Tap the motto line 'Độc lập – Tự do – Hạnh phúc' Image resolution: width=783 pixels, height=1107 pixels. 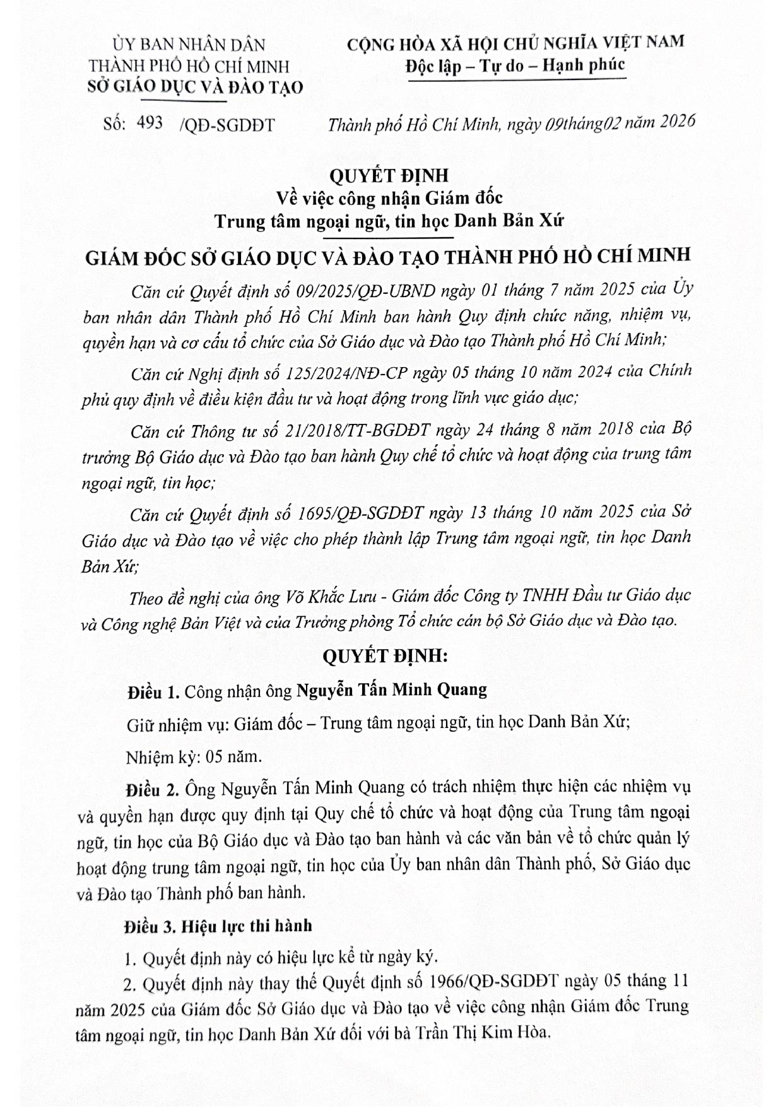515,65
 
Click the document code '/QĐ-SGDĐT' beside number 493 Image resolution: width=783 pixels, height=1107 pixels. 227,124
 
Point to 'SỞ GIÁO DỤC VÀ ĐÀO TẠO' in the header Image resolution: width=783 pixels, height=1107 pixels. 195,86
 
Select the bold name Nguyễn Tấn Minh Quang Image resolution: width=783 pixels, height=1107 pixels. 392,689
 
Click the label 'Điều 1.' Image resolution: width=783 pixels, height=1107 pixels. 153,692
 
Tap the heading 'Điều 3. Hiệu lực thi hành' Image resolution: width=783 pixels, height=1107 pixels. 218,926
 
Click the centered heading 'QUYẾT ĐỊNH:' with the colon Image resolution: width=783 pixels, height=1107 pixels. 385,656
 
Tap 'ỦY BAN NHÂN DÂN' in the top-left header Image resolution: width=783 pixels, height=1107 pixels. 189,45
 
